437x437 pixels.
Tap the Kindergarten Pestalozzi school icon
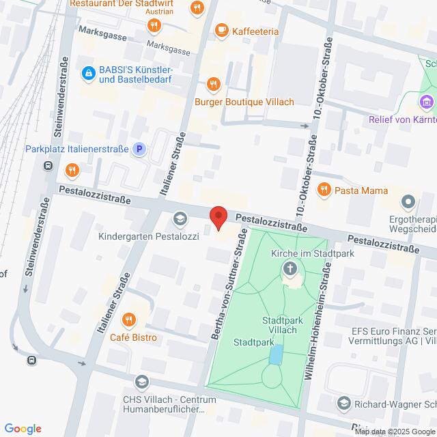pyautogui.click(x=180, y=218)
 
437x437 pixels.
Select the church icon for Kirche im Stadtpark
pyautogui.click(x=290, y=268)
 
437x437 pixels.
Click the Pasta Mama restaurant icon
pyautogui.click(x=324, y=190)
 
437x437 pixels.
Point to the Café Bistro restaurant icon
pyautogui.click(x=128, y=319)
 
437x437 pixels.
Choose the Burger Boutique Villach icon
pyautogui.click(x=213, y=84)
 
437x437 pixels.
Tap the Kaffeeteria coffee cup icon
pyautogui.click(x=221, y=29)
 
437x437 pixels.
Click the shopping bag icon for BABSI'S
pyautogui.click(x=87, y=72)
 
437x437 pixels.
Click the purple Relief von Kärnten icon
pyautogui.click(x=427, y=102)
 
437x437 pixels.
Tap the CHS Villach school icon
pyautogui.click(x=141, y=382)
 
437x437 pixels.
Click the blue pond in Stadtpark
pyautogui.click(x=276, y=354)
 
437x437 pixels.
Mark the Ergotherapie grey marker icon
pyautogui.click(x=408, y=201)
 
